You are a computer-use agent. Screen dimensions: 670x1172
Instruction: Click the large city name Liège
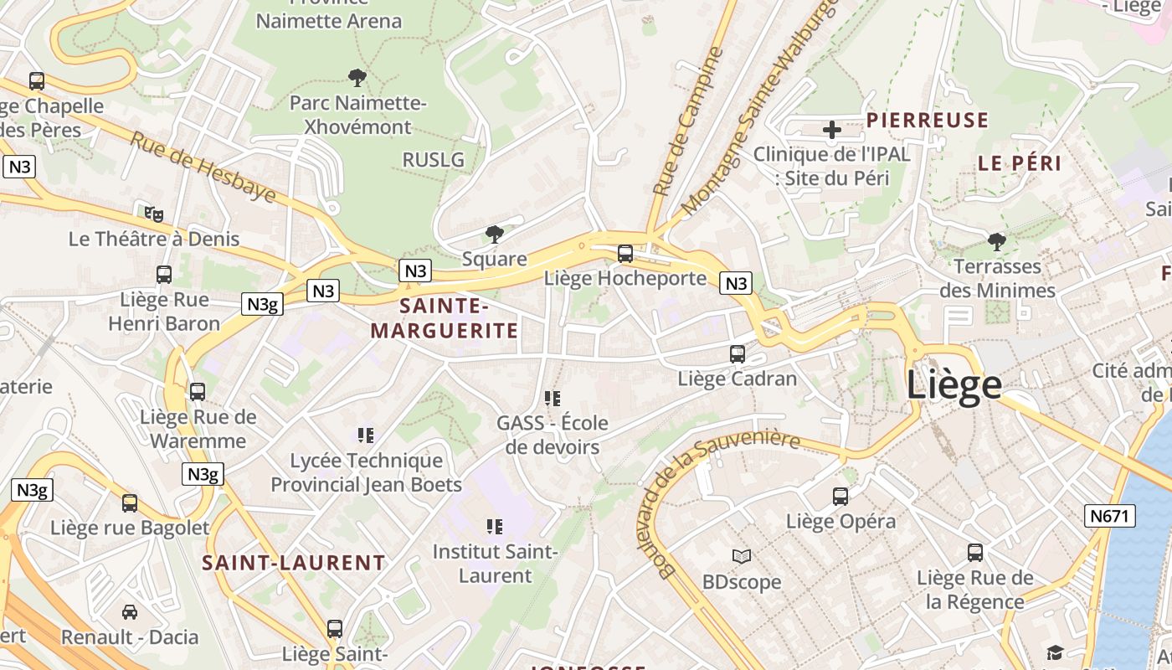954,384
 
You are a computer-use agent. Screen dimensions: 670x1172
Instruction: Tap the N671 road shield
1111,516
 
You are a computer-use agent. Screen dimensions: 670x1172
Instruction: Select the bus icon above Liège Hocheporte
625,253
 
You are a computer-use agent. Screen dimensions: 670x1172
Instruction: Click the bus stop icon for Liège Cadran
737,353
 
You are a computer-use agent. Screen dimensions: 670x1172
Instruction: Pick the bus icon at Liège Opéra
840,497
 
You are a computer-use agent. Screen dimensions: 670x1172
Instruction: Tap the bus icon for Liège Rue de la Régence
975,553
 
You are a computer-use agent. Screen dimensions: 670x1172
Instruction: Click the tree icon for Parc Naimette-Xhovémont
357,78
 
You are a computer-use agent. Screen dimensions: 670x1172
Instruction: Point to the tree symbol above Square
495,234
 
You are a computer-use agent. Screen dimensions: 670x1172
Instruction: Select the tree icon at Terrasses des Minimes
996,242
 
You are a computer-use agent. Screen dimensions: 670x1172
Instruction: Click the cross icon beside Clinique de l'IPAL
832,130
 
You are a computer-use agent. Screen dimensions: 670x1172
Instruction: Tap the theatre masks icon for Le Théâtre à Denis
153,214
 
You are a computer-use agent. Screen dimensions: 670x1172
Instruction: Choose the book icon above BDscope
742,556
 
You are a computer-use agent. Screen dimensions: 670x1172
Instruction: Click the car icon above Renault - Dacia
130,612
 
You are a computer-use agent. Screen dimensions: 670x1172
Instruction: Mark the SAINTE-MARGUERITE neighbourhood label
445,318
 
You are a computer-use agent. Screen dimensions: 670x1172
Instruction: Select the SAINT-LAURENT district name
294,563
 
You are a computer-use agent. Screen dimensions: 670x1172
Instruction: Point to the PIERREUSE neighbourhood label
928,121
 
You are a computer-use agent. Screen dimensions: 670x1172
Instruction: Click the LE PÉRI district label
1020,163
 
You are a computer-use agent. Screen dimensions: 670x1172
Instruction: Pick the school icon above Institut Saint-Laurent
495,527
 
